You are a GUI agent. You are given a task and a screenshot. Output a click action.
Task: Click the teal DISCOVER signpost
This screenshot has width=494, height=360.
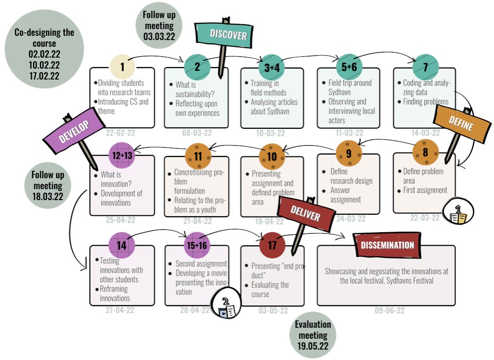pyautogui.click(x=224, y=34)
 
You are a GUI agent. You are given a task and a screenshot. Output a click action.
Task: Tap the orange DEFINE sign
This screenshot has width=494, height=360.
pyautogui.click(x=461, y=124)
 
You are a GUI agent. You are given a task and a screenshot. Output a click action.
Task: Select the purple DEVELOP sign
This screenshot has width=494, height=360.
pyautogui.click(x=74, y=131)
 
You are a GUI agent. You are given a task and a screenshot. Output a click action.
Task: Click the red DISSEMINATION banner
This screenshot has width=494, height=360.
pyautogui.click(x=387, y=245)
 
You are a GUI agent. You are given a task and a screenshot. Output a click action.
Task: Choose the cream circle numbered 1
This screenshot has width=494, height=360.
pyautogui.click(x=122, y=67)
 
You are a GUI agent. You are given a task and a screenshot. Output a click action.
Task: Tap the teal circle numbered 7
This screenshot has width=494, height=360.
pyautogui.click(x=425, y=67)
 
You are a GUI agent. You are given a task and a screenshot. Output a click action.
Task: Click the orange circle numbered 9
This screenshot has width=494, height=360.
pyautogui.click(x=349, y=153)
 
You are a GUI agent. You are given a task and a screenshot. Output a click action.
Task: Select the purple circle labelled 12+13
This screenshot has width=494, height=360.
pyautogui.click(x=122, y=155)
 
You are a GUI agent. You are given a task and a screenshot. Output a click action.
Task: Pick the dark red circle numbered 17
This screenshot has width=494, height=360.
pyautogui.click(x=272, y=245)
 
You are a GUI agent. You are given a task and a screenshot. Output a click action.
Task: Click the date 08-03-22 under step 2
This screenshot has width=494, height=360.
pyautogui.click(x=197, y=133)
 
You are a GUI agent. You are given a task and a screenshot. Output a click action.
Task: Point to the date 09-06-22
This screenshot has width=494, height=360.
pyautogui.click(x=389, y=310)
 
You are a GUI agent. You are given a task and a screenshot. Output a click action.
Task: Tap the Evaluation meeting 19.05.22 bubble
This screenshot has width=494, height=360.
pyautogui.click(x=313, y=335)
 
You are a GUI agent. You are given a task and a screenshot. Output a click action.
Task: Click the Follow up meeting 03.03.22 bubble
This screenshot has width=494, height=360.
pyautogui.click(x=159, y=25)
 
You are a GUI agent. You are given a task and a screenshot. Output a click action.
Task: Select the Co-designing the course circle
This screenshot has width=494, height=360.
pyautogui.click(x=44, y=49)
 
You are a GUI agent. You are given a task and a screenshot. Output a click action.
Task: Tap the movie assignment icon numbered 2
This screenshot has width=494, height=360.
pyautogui.click(x=226, y=304)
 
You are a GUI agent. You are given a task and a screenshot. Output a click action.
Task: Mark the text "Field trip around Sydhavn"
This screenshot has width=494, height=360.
pyautogui.click(x=350, y=87)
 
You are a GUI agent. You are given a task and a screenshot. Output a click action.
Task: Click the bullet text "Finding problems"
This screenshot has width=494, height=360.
pyautogui.click(x=425, y=102)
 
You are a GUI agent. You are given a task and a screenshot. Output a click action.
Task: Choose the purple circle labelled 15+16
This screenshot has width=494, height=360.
pyautogui.click(x=197, y=245)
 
